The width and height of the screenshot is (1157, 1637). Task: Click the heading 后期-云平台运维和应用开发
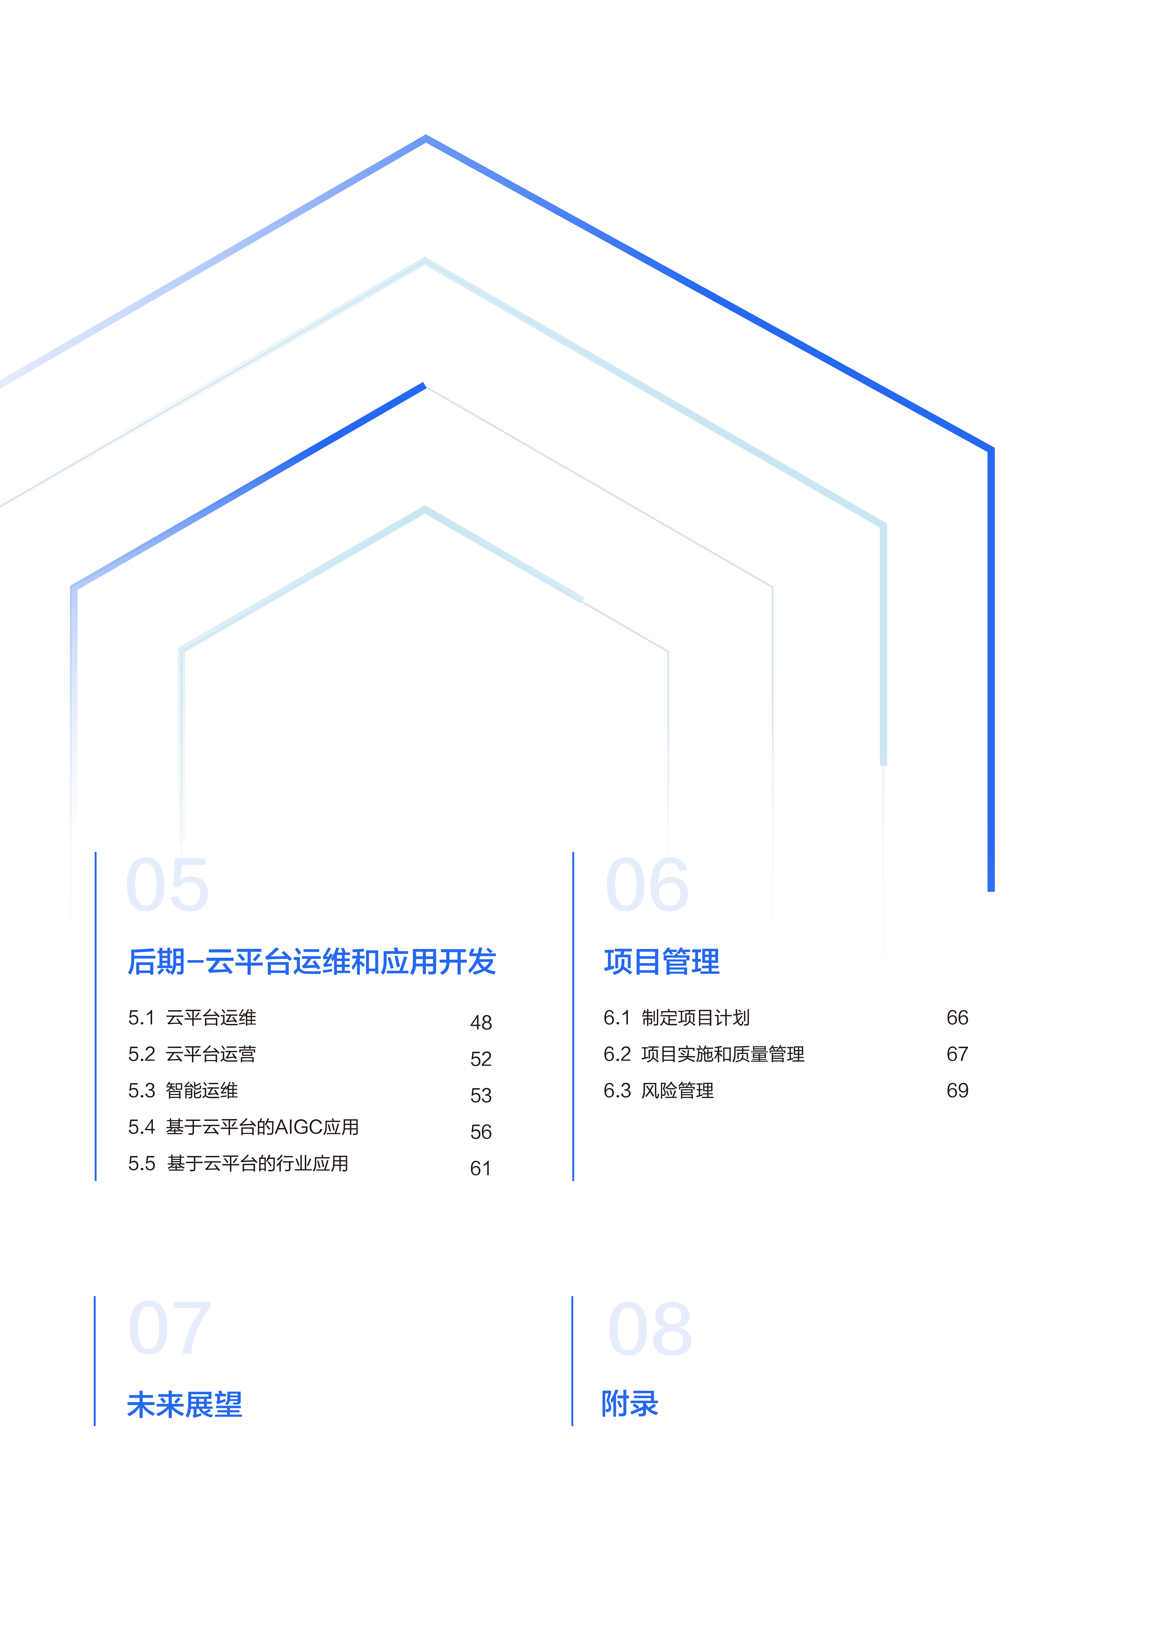pos(312,962)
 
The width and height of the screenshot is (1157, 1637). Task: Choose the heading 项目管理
pos(662,962)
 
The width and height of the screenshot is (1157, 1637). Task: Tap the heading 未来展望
pos(185,1405)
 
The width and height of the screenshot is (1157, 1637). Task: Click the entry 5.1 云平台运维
pos(192,1018)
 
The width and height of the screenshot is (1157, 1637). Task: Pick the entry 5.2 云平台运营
pos(192,1054)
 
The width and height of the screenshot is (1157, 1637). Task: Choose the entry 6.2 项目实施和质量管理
pos(704,1054)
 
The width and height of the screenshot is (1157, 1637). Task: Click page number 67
pos(957,1054)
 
